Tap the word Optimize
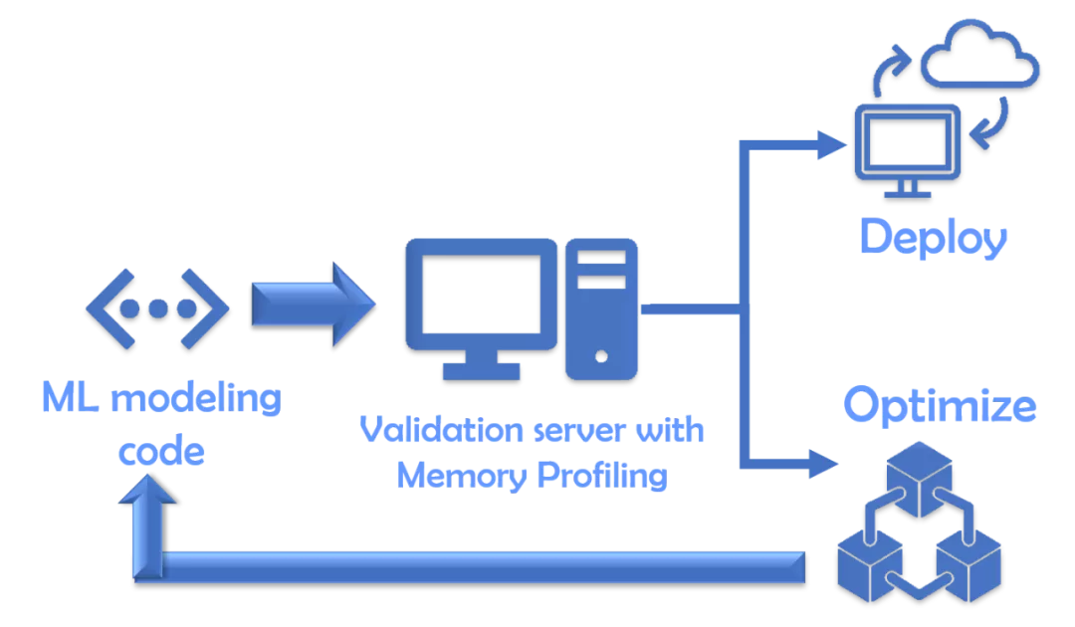(x=940, y=406)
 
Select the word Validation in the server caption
(x=429, y=430)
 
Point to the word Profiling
(x=602, y=476)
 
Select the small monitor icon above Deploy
(x=909, y=144)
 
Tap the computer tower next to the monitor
(x=601, y=308)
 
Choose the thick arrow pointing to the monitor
(x=312, y=304)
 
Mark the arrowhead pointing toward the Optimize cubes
(x=825, y=463)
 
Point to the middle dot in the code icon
(x=157, y=307)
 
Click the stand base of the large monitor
(x=481, y=370)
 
